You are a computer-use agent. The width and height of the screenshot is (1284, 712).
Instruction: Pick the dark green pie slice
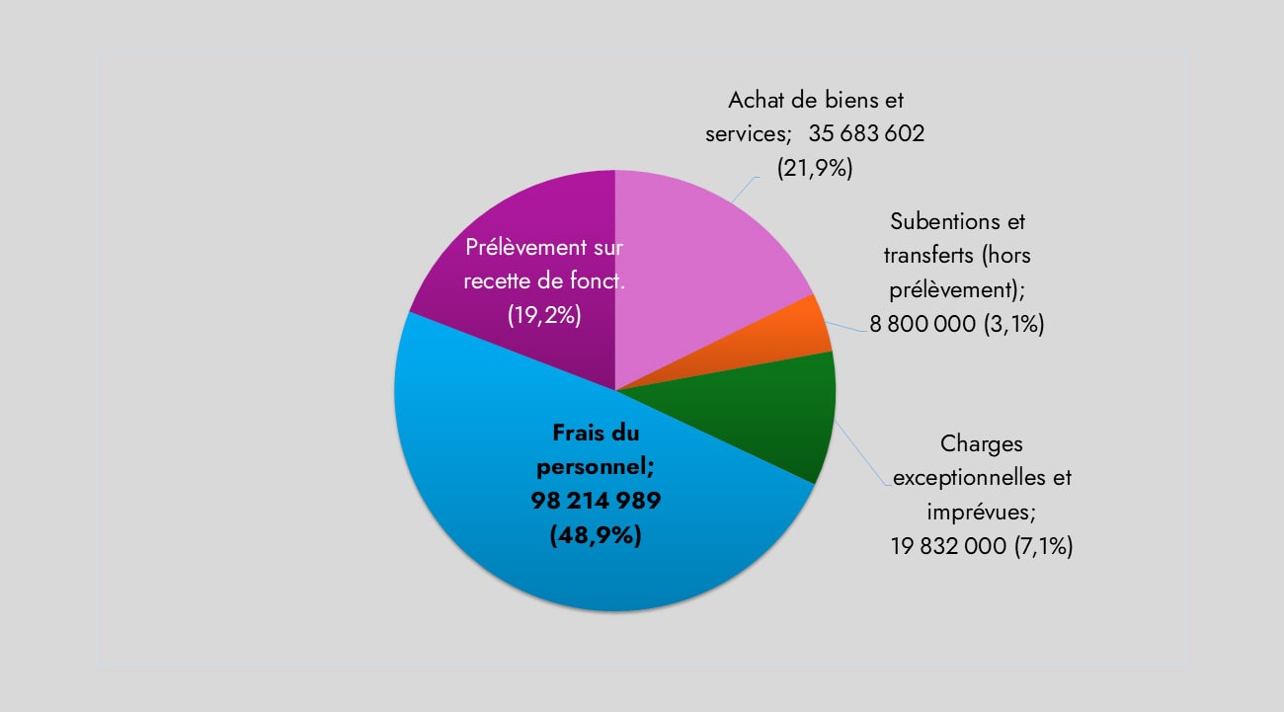point(780,415)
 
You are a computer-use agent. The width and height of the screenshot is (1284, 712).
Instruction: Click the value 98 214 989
point(596,501)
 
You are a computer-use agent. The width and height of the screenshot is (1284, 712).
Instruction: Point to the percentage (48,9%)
point(596,535)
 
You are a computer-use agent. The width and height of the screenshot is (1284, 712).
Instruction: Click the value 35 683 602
point(866,134)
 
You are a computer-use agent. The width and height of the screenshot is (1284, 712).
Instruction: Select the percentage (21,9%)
point(814,168)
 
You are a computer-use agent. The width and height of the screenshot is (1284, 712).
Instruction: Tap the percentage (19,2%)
point(543,315)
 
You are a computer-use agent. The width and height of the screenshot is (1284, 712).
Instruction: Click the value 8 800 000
point(923,324)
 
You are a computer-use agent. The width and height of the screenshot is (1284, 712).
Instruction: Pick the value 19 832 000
point(949,545)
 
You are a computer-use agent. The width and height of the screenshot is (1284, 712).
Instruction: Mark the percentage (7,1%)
point(1043,545)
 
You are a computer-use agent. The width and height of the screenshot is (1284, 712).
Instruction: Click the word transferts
point(927,255)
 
